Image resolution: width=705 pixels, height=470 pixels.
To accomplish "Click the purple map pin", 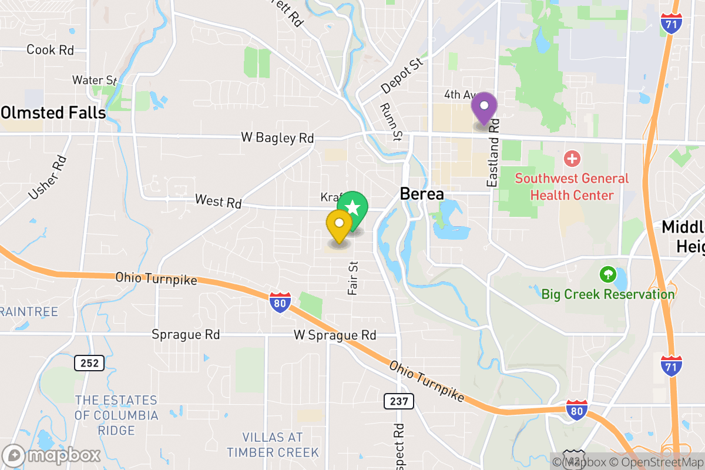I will pos(485,108).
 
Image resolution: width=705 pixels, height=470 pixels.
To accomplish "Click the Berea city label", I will pos(421,194).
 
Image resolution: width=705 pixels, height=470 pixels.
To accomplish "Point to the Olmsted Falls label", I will pos(53,112).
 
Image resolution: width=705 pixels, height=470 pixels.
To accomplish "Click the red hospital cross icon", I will pos(572,159).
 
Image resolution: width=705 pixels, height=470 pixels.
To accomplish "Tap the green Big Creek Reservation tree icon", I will pos(607,274).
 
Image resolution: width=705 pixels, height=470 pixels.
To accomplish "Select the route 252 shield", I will pos(89,363).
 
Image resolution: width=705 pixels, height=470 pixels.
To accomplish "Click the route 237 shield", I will pos(399,401).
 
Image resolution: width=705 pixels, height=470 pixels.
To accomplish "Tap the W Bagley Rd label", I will pos(277,138).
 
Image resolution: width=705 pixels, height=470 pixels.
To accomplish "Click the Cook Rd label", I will pos(51,50).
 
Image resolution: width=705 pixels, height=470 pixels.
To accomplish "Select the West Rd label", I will pos(218,202).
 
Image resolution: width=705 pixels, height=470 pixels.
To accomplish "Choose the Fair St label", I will pos(352,278).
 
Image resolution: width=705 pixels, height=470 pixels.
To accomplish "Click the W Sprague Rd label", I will pos(335,335).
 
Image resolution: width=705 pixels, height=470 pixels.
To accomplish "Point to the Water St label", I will pos(95,80).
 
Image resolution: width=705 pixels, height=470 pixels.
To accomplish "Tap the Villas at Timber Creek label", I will pos(273,445).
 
